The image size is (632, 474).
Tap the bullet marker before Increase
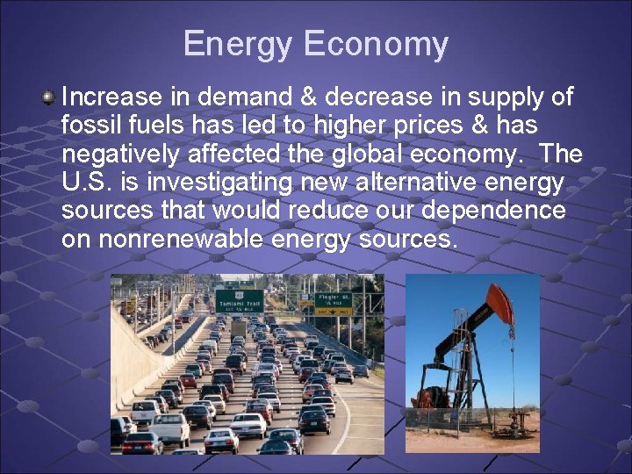coord(50,96)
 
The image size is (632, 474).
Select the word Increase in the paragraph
coord(113,97)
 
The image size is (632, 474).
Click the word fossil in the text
coord(91,126)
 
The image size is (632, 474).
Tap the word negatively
coord(124,154)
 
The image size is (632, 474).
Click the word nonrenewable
coord(180,240)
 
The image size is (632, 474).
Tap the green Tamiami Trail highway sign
coord(240,301)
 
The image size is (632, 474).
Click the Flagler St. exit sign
coord(333,303)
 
